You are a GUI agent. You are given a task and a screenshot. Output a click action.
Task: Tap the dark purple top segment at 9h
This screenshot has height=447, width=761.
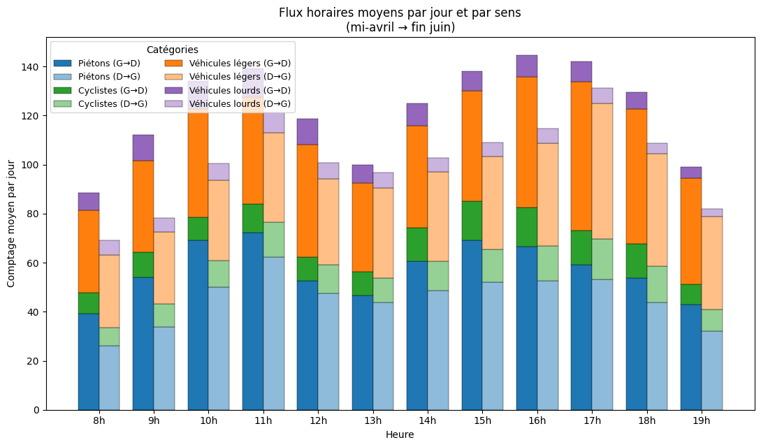click(143, 147)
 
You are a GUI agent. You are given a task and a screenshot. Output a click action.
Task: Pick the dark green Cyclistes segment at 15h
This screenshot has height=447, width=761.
click(472, 221)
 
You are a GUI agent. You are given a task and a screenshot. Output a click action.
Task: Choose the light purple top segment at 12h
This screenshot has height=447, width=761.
click(328, 170)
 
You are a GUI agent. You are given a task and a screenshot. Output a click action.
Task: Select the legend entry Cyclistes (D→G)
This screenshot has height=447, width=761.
click(113, 104)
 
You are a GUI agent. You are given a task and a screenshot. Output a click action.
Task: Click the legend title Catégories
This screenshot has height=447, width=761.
click(173, 50)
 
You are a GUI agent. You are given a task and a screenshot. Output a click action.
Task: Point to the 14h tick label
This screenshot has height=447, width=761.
click(428, 420)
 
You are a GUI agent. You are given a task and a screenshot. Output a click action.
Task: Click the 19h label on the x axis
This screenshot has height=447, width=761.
click(702, 420)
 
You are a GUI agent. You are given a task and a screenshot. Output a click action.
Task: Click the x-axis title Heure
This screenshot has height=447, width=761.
click(400, 434)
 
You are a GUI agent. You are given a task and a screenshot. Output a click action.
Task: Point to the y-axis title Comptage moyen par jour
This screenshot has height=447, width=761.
click(11, 223)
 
